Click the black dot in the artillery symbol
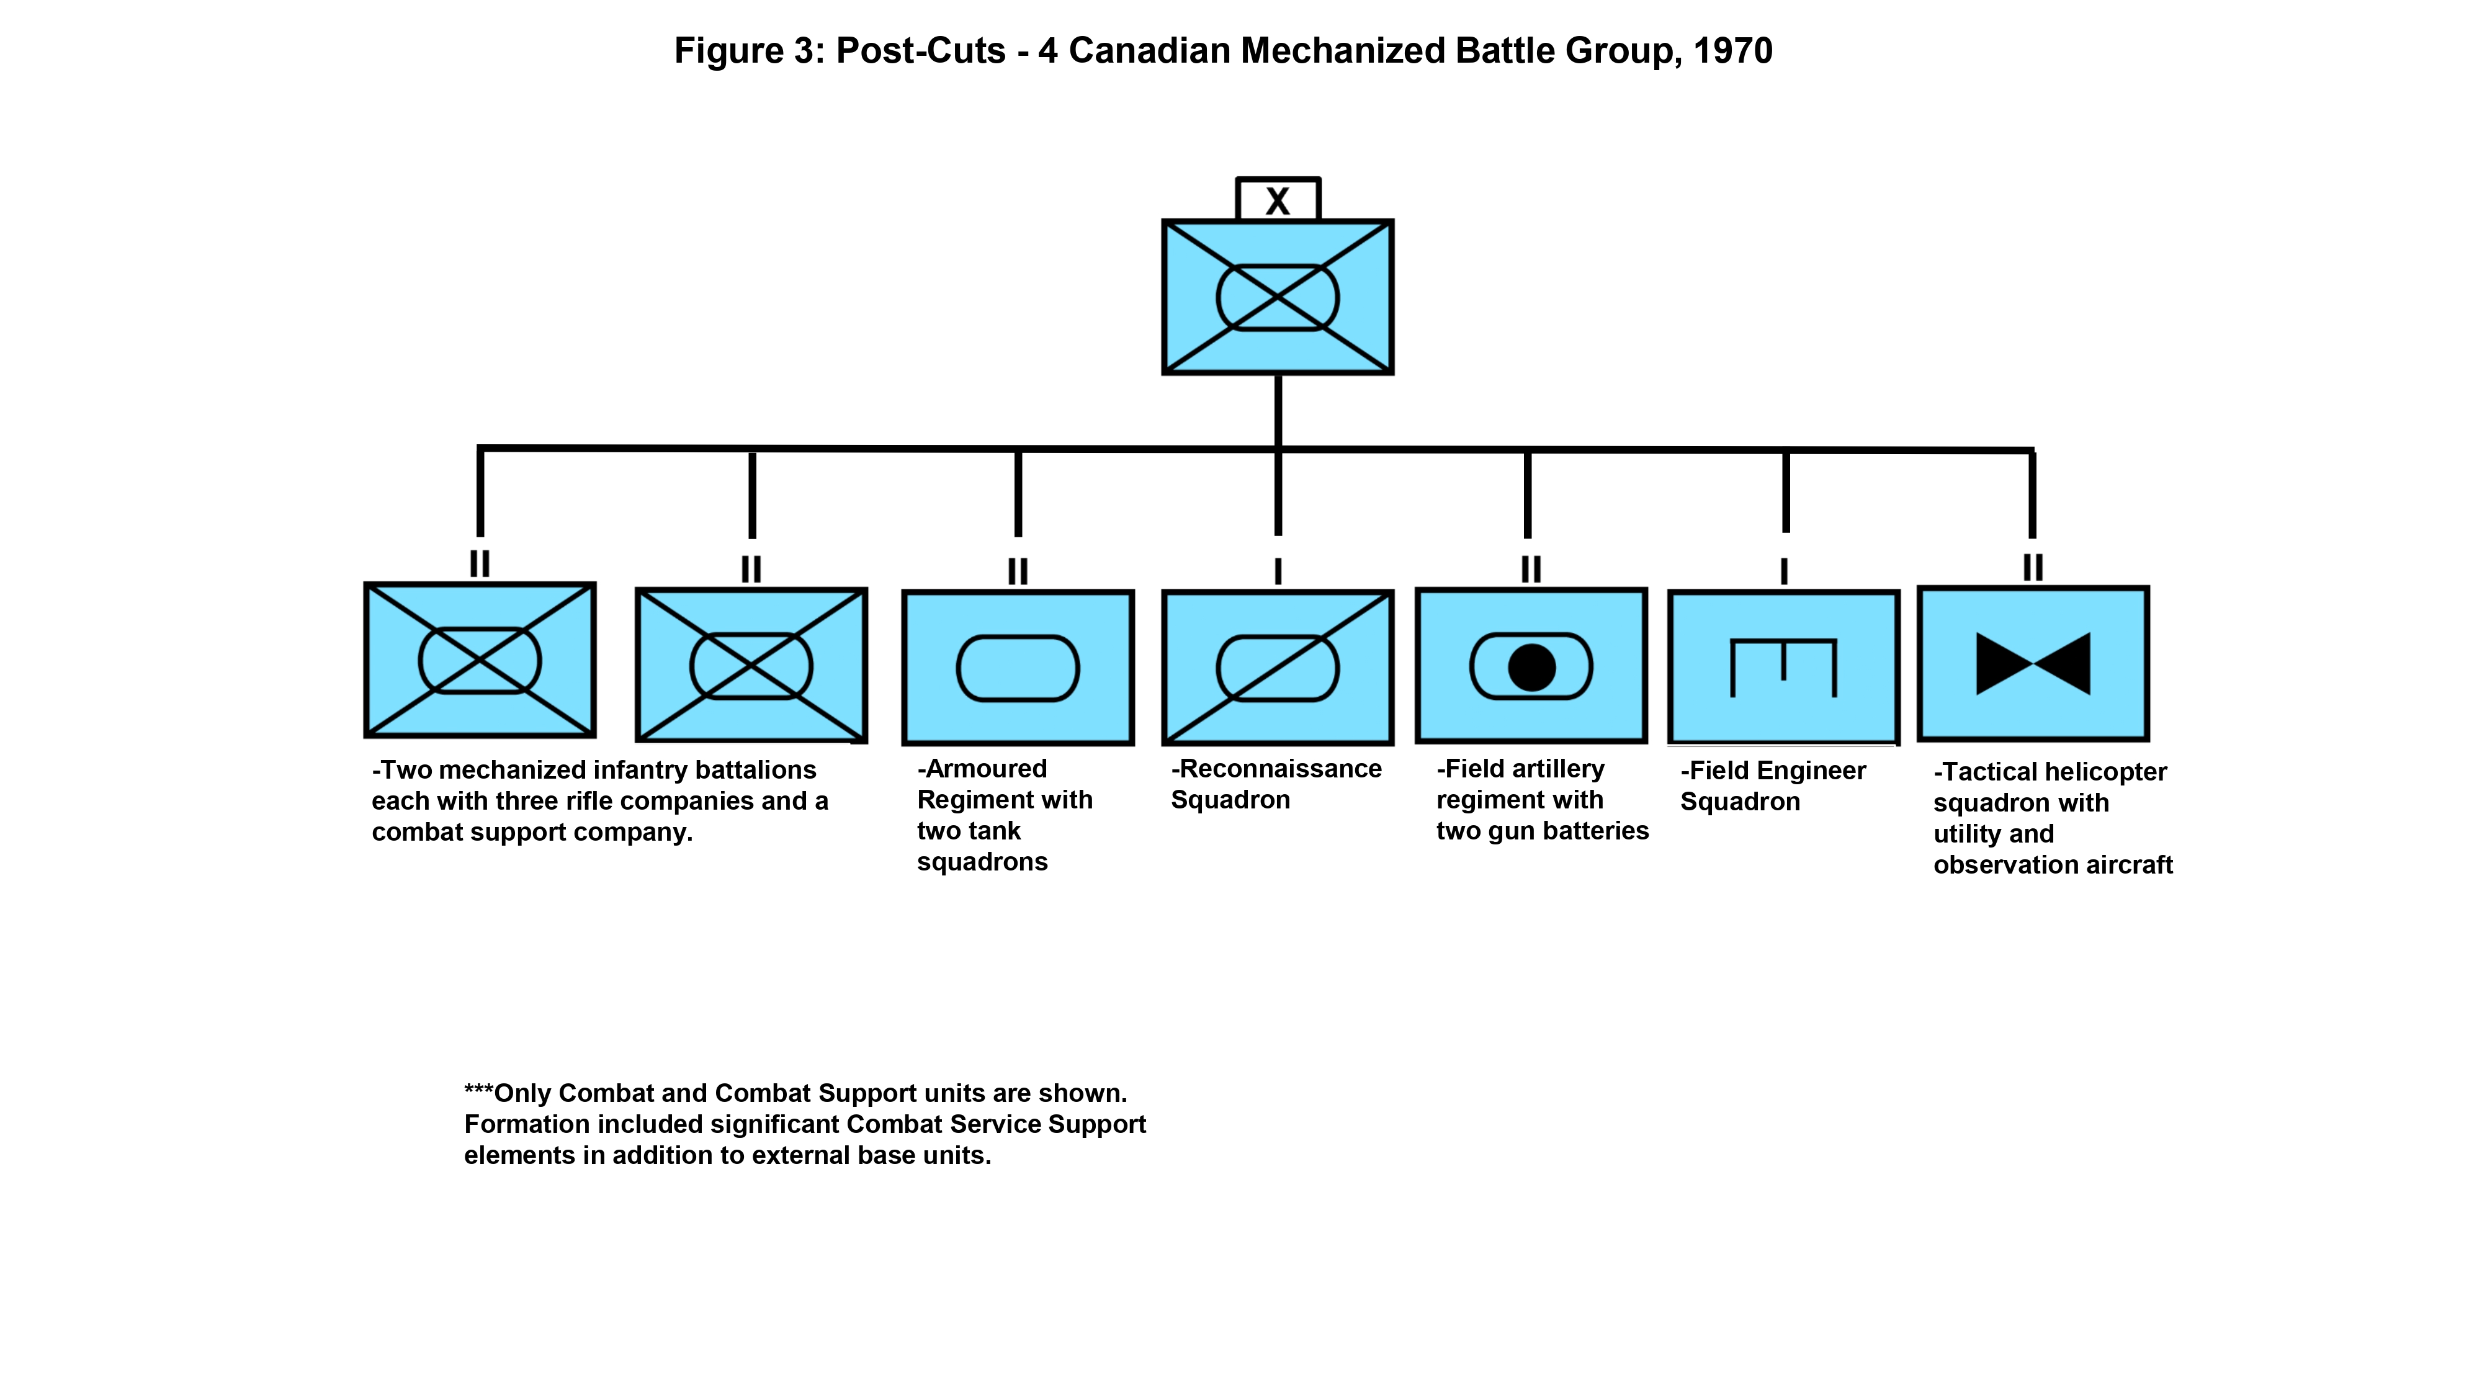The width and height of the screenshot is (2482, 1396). pos(1531,667)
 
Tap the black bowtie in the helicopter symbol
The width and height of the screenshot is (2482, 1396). pos(2033,664)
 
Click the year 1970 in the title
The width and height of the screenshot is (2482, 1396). pos(1732,51)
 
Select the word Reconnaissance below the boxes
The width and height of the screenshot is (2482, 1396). pos(1281,769)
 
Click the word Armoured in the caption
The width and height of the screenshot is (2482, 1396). pos(986,769)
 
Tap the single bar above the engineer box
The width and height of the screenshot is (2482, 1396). pos(1783,571)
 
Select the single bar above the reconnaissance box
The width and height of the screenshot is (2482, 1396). pos(1278,571)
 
